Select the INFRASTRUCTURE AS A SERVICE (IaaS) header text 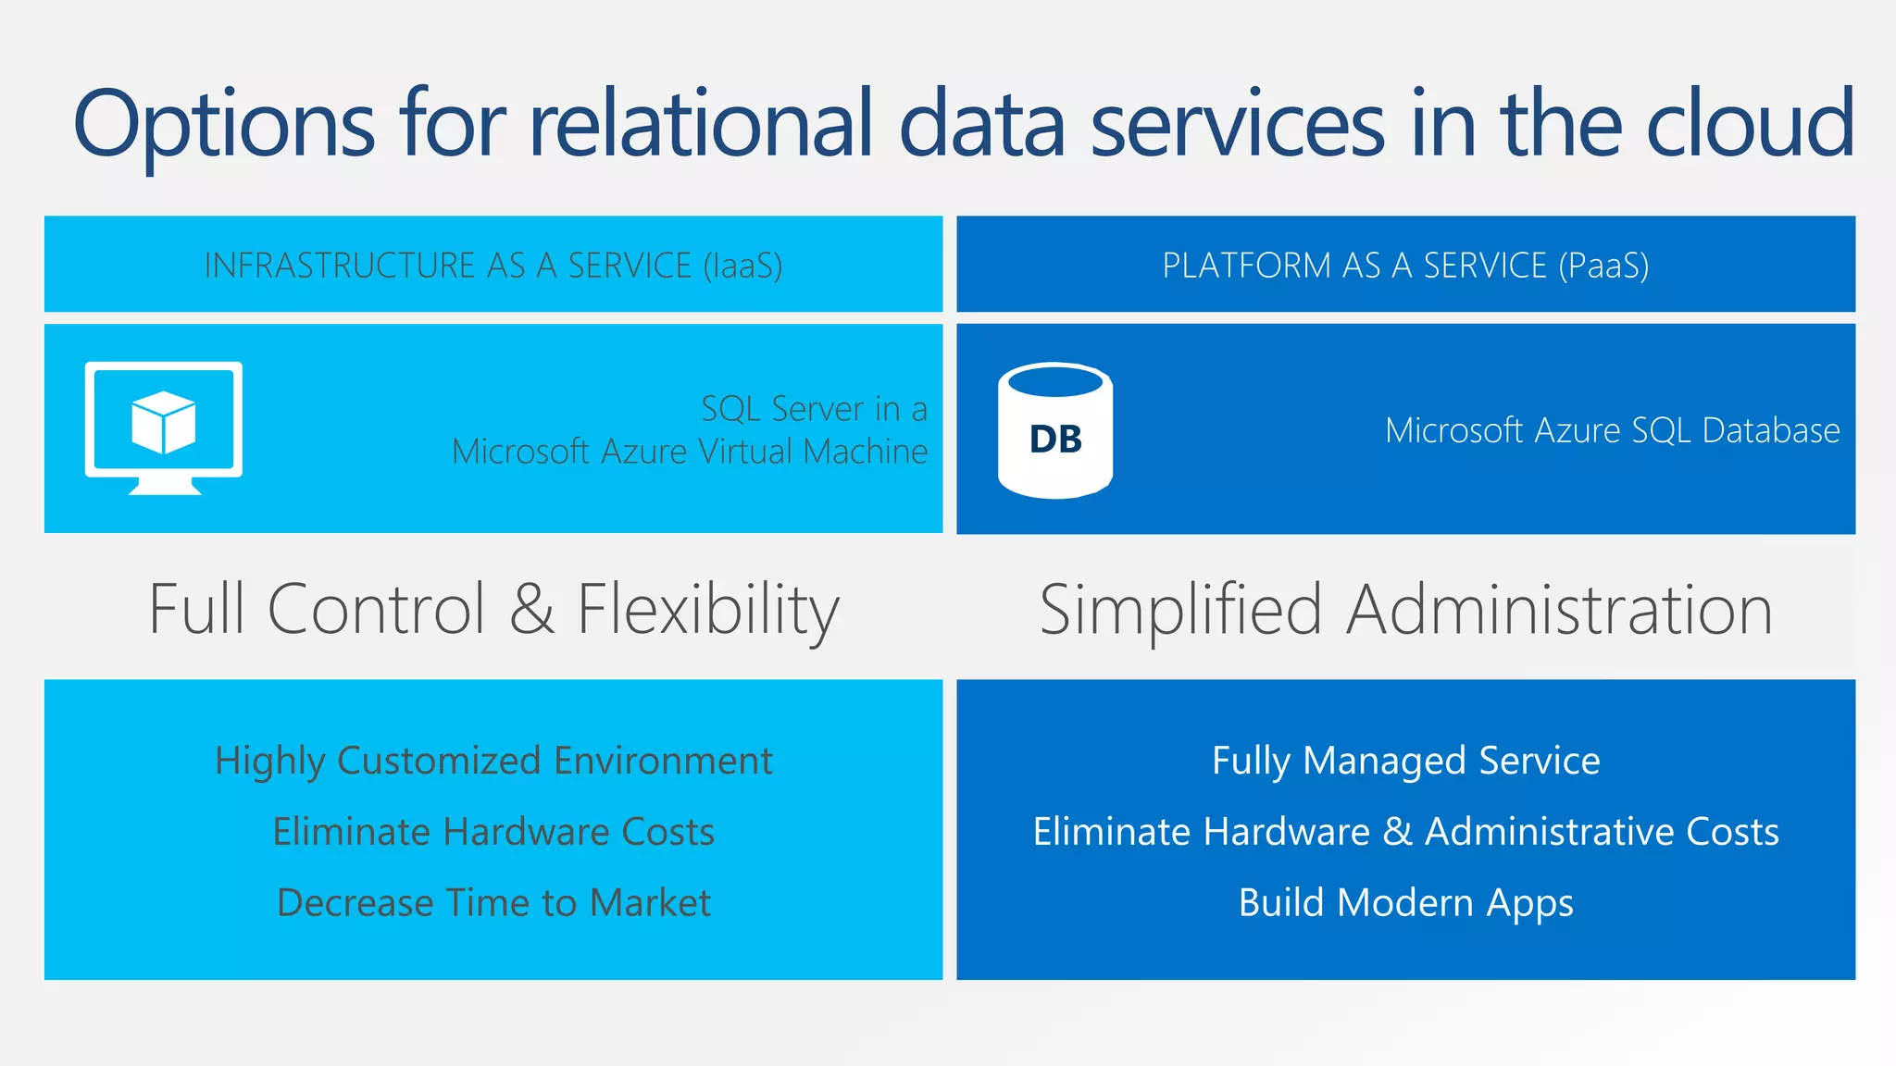493,266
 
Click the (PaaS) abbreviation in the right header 1603,266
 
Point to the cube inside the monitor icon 164,422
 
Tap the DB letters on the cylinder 1055,440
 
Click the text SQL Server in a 814,408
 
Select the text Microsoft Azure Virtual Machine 689,452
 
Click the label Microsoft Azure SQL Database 1612,430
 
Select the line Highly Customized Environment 493,761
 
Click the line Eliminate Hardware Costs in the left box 493,831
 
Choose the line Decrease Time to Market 493,902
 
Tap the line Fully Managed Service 1405,761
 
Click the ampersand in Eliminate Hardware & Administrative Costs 1397,831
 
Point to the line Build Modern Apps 1405,902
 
